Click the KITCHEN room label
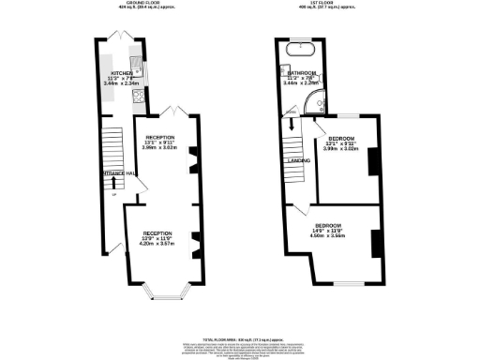(121, 72)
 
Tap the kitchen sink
(136, 65)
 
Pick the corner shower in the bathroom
(318, 104)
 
